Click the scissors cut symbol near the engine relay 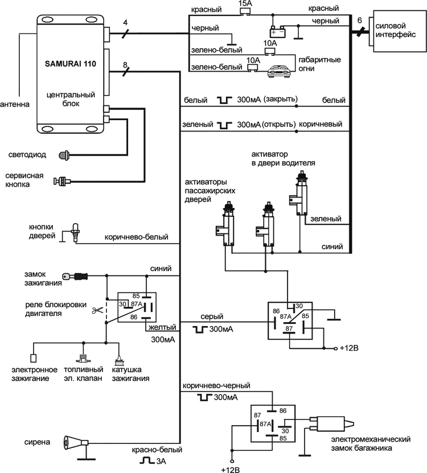pyautogui.click(x=96, y=310)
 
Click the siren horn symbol pyautogui.click(x=76, y=442)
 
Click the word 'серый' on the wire pyautogui.click(x=211, y=316)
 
